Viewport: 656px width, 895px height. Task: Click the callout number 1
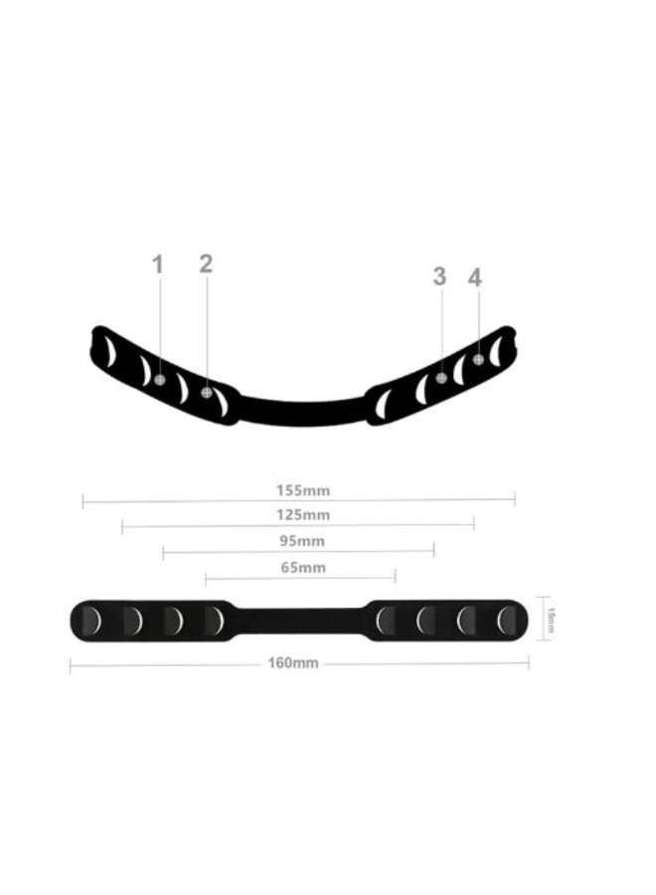[157, 265]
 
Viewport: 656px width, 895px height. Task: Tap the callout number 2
[206, 264]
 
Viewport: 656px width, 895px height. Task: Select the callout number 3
[439, 276]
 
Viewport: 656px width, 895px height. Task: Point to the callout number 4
[475, 278]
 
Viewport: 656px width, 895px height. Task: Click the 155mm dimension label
[303, 490]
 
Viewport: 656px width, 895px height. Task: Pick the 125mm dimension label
[303, 515]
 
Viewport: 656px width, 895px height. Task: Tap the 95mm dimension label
[302, 541]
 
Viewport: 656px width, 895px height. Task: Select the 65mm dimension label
[303, 568]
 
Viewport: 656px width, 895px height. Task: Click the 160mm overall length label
[293, 663]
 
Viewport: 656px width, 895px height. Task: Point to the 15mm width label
[551, 620]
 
